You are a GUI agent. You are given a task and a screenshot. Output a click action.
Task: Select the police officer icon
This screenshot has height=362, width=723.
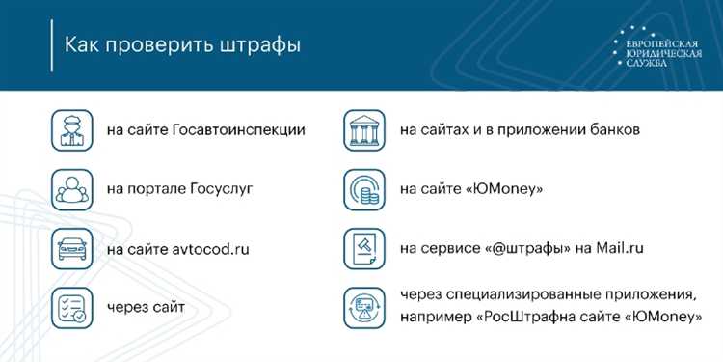(x=74, y=129)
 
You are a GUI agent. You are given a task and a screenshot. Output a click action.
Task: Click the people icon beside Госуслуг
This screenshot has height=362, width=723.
(x=74, y=189)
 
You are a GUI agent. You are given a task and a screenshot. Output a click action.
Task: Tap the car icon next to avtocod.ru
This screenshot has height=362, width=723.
(x=74, y=248)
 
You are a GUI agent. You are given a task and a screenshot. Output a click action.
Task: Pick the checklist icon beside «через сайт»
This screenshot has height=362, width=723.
(x=74, y=307)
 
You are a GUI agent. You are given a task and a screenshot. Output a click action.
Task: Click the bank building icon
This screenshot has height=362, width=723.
(x=367, y=129)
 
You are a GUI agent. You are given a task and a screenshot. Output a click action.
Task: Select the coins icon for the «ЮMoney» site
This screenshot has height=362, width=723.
(x=367, y=189)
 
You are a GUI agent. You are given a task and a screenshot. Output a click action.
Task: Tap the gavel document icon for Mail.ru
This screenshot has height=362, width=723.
(x=367, y=248)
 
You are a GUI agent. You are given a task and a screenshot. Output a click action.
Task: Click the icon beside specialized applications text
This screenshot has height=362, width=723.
(x=367, y=307)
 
